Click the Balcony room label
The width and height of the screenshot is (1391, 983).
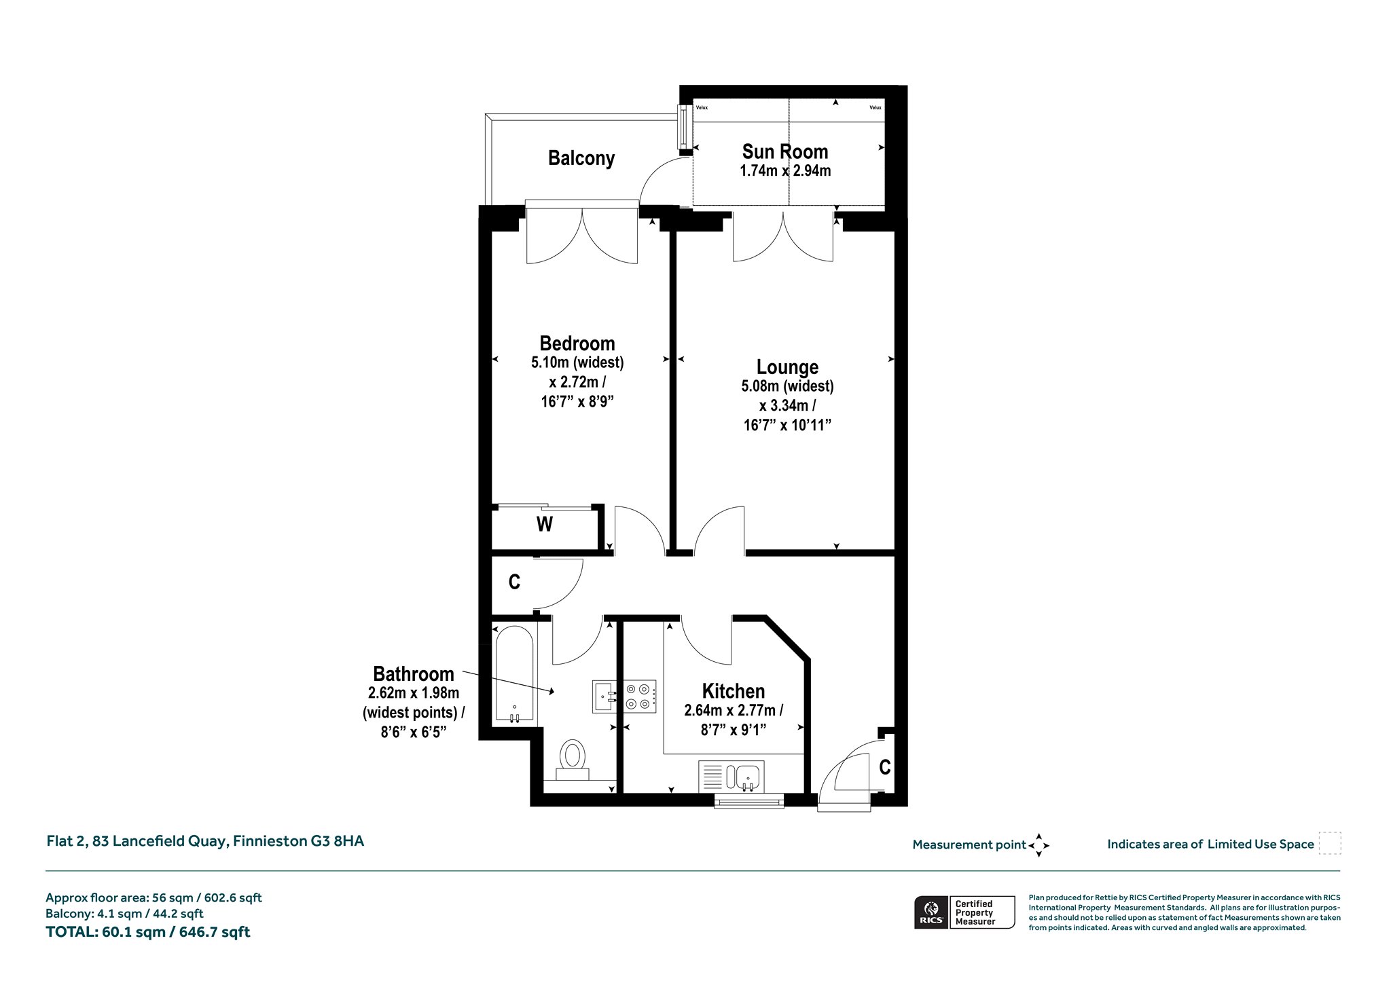click(x=581, y=158)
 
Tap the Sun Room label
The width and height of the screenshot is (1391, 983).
click(x=785, y=151)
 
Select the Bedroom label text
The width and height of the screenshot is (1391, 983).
click(x=577, y=343)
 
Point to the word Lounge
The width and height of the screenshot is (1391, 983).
click(x=787, y=367)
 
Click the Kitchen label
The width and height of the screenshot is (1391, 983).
click(x=734, y=691)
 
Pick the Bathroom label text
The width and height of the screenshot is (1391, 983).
click(x=414, y=674)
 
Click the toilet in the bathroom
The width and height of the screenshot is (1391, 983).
click(x=573, y=760)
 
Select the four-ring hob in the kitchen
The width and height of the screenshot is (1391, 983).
click(x=640, y=697)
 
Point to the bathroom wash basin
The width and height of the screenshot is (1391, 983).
click(x=604, y=697)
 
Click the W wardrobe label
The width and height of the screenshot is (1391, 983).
click(x=544, y=524)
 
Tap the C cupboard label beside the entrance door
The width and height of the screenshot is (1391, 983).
click(x=884, y=767)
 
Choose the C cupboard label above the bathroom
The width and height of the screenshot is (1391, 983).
click(x=514, y=582)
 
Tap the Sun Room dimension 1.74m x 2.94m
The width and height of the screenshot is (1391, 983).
click(x=785, y=171)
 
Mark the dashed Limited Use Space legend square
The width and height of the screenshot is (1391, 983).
click(x=1330, y=843)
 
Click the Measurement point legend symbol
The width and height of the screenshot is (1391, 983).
click(x=1038, y=845)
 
